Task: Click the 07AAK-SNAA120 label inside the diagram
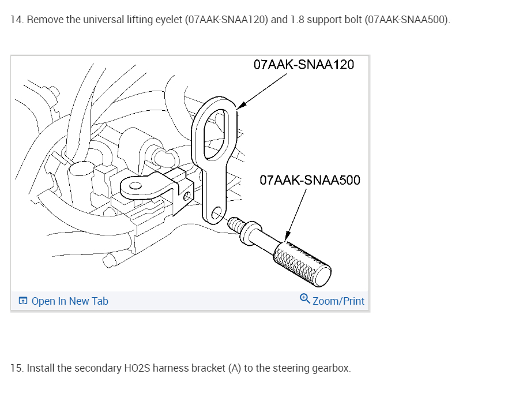pyautogui.click(x=303, y=65)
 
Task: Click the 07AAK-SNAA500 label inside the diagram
pyautogui.click(x=310, y=180)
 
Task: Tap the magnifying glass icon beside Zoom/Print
pyautogui.click(x=304, y=298)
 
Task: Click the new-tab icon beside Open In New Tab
pyautogui.click(x=22, y=301)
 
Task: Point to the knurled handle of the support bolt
pyautogui.click(x=302, y=264)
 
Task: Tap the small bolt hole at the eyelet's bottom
pyautogui.click(x=216, y=213)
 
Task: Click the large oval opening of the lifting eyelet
pyautogui.click(x=215, y=134)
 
